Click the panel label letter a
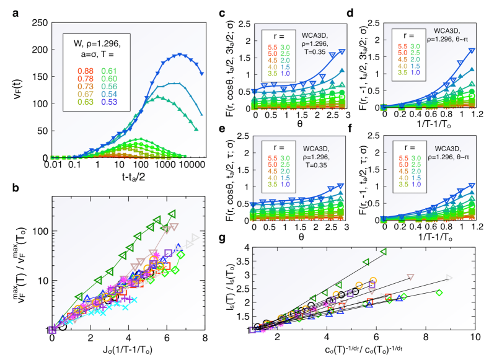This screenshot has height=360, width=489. [x=8, y=9]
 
